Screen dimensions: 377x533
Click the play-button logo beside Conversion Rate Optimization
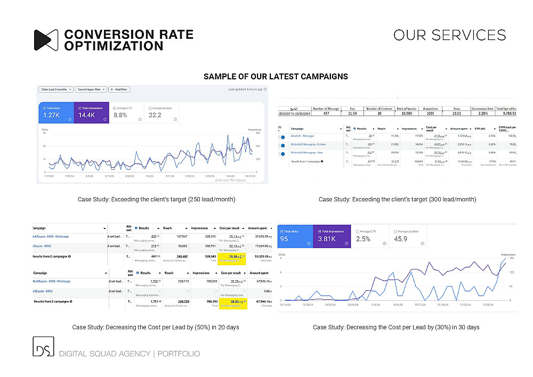46,40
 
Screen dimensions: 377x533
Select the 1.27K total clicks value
51,115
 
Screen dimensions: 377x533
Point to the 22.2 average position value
155,115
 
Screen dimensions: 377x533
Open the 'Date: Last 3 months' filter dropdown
56,89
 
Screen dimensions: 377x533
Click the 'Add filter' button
119,89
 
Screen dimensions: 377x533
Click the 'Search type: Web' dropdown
90,89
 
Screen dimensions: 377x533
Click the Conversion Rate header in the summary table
483,108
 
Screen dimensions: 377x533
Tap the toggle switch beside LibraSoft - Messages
282,137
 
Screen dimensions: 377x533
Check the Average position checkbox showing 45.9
395,232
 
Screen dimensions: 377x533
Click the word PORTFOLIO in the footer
179,354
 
